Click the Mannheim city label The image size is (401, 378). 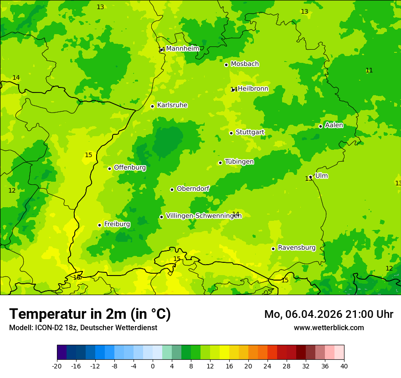pyautogui.click(x=182, y=49)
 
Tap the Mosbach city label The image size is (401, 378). pyautogui.click(x=245, y=64)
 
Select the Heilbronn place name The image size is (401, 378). pyautogui.click(x=253, y=89)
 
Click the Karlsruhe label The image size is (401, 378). pyautogui.click(x=172, y=105)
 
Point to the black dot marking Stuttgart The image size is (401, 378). pyautogui.click(x=231, y=133)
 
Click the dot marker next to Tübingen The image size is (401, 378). pyautogui.click(x=220, y=163)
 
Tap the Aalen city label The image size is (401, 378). pyautogui.click(x=334, y=125)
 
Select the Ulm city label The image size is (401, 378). pyautogui.click(x=321, y=176)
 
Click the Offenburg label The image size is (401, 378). pyautogui.click(x=130, y=168)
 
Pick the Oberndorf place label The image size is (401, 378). pyautogui.click(x=193, y=189)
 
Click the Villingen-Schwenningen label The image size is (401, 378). pyautogui.click(x=204, y=216)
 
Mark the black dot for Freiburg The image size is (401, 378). pyautogui.click(x=99, y=225)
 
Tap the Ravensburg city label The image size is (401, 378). pyautogui.click(x=297, y=248)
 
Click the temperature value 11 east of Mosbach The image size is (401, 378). pyautogui.click(x=369, y=70)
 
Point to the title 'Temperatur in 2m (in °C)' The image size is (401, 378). pyautogui.click(x=90, y=314)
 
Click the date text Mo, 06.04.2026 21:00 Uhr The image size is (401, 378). pyautogui.click(x=329, y=314)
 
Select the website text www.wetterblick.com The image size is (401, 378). pyautogui.click(x=329, y=328)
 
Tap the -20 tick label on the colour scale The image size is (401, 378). pyautogui.click(x=57, y=366)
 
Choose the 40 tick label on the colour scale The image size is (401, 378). pyautogui.click(x=344, y=366)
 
